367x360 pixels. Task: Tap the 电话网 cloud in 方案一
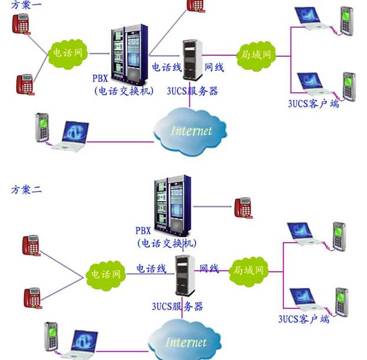67,52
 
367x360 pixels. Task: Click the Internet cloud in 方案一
190,129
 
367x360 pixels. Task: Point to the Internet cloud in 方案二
185,341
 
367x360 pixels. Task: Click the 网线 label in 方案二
209,268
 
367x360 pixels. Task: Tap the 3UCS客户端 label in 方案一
313,103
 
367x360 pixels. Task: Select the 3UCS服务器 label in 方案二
177,306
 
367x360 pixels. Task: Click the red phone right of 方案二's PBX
243,207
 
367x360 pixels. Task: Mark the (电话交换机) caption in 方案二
167,243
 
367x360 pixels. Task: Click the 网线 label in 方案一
214,67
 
